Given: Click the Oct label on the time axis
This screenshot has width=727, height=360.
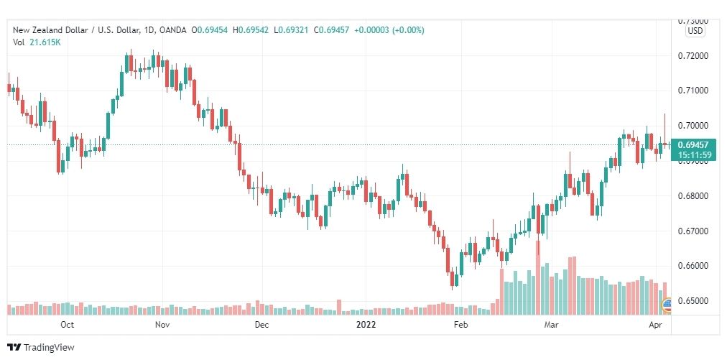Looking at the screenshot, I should pyautogui.click(x=68, y=325).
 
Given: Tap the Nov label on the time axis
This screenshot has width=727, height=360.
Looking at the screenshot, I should pyautogui.click(x=162, y=325).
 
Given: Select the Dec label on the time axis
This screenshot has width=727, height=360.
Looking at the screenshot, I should pyautogui.click(x=261, y=325).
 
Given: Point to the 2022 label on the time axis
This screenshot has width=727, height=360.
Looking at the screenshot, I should pyautogui.click(x=366, y=325).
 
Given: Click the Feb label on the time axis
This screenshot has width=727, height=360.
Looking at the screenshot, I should pyautogui.click(x=460, y=325).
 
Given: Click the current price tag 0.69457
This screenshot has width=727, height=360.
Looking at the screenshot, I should pyautogui.click(x=694, y=145).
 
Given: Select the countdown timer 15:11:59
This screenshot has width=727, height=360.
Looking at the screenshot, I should pyautogui.click(x=694, y=155).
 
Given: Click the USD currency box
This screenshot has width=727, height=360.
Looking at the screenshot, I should pyautogui.click(x=695, y=31).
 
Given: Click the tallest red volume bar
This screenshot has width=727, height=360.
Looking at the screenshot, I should pyautogui.click(x=538, y=277).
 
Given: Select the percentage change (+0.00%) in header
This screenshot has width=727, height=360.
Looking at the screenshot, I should pyautogui.click(x=407, y=30).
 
